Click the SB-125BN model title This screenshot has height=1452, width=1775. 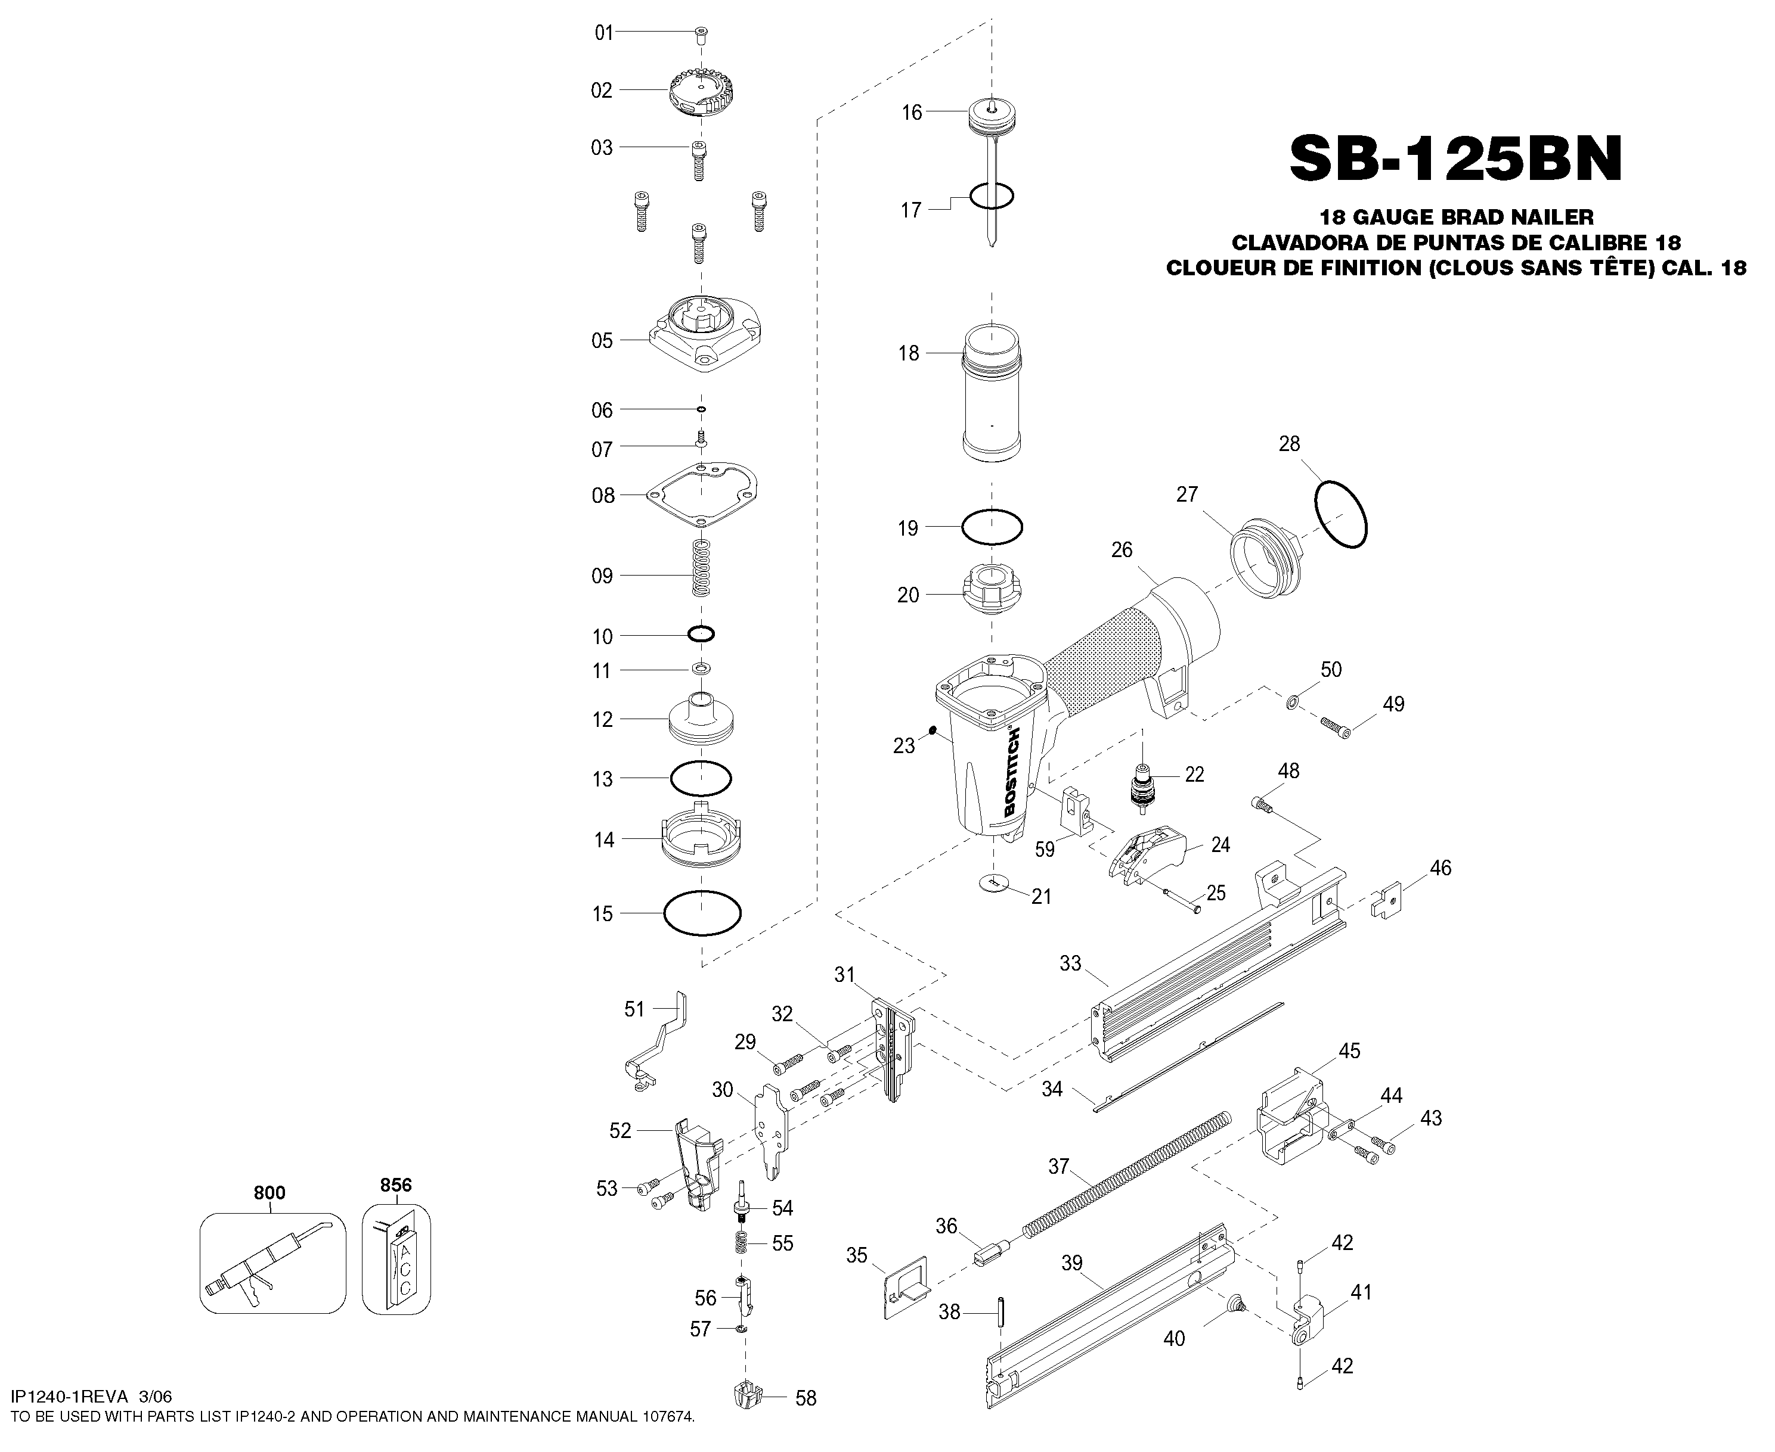coord(1455,159)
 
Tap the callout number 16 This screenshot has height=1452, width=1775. coord(912,112)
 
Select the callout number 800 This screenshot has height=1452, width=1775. coord(269,1193)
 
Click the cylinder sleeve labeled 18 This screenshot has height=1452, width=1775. coord(993,391)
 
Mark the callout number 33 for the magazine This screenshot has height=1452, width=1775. coord(1070,963)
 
